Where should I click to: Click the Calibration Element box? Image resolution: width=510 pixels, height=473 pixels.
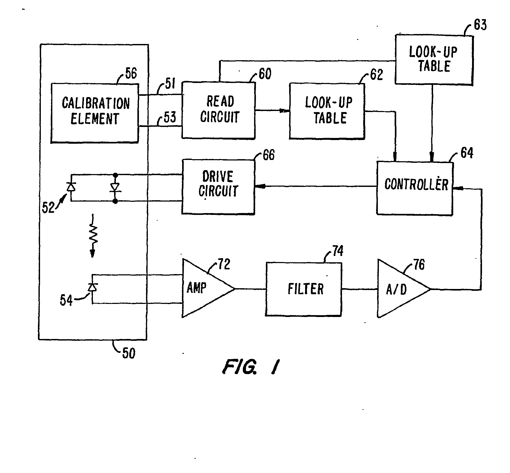coord(95,113)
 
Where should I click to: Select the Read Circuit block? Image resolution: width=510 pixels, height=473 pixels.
coord(218,110)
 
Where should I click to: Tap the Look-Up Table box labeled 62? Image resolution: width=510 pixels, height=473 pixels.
coord(327,110)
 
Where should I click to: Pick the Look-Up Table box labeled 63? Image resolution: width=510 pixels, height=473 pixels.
coord(434,60)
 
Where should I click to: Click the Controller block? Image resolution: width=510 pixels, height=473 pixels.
coord(415,188)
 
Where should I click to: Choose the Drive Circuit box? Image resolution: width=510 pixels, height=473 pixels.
coord(218,187)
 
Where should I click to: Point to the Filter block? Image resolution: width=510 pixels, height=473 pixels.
coord(304,289)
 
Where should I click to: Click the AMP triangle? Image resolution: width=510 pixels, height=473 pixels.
coord(208,288)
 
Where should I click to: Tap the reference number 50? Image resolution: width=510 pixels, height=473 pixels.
coord(129,353)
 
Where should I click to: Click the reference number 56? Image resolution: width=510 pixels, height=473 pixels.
coord(131,73)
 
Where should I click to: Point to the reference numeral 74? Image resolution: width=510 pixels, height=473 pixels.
coord(338,251)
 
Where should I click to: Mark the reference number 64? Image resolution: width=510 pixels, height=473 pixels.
coord(467,153)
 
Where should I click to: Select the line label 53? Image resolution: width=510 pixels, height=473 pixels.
coord(170,117)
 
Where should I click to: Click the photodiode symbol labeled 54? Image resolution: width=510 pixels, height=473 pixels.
coord(92,287)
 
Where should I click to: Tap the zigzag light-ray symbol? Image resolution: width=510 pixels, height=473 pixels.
coord(93,236)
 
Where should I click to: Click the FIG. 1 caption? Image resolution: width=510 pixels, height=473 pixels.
coord(251,366)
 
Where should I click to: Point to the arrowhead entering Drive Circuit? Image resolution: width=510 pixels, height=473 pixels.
coord(260,186)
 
